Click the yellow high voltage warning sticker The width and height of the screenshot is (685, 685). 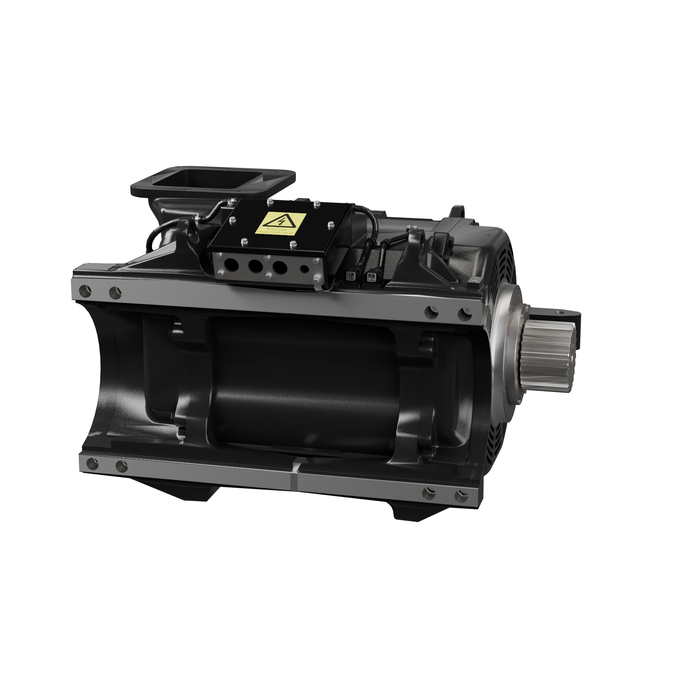point(281,224)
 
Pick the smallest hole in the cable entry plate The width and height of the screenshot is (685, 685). point(304,269)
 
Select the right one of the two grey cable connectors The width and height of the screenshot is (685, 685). point(370,277)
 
